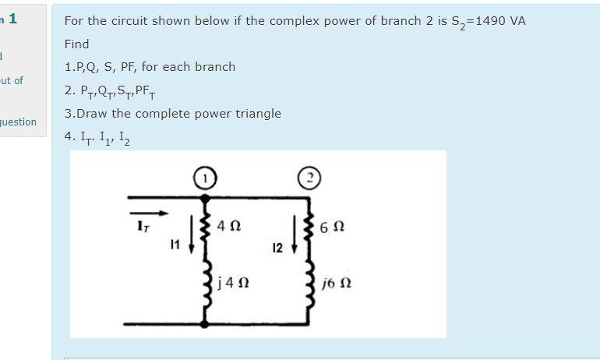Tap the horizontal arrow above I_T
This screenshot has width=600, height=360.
click(148, 213)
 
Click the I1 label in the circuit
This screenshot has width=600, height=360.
click(175, 244)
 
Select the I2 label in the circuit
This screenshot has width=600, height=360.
click(277, 249)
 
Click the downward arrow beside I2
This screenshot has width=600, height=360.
click(294, 235)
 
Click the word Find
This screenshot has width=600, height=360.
click(76, 44)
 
